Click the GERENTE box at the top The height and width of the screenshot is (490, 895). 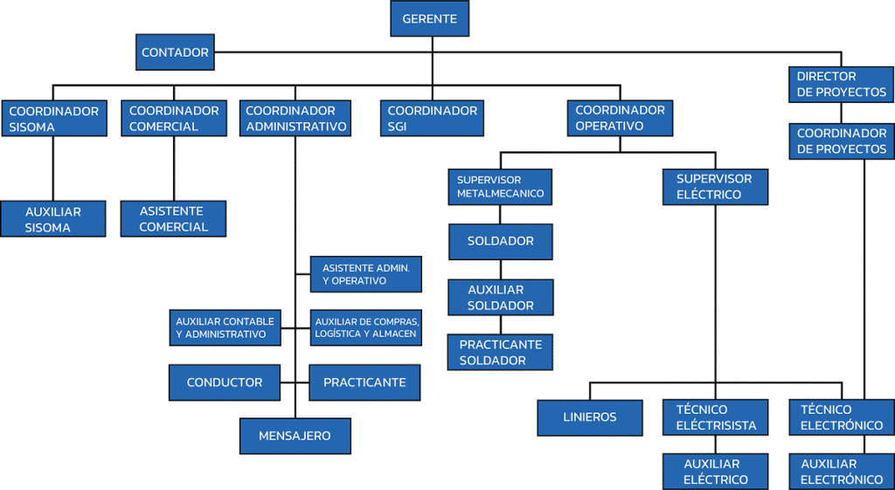pyautogui.click(x=429, y=18)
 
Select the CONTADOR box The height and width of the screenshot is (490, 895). pyautogui.click(x=175, y=52)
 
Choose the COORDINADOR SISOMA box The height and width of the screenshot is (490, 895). pyautogui.click(x=54, y=119)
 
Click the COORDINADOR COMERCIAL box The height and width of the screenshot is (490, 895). pyautogui.click(x=174, y=119)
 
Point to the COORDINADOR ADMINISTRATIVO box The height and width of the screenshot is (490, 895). pyautogui.click(x=295, y=119)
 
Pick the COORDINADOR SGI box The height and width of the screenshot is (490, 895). pyautogui.click(x=432, y=119)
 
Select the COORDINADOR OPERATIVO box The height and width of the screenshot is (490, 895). pyautogui.click(x=620, y=119)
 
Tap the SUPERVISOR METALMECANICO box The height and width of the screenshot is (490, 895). pyautogui.click(x=500, y=186)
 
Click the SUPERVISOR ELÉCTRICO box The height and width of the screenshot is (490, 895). pyautogui.click(x=714, y=186)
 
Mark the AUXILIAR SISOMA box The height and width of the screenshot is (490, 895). pyautogui.click(x=53, y=219)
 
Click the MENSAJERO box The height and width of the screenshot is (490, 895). pyautogui.click(x=295, y=436)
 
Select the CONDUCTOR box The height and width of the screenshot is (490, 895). pyautogui.click(x=225, y=383)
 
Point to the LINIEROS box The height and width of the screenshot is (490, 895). pyautogui.click(x=589, y=418)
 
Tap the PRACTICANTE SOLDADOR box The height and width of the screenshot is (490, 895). pyautogui.click(x=501, y=352)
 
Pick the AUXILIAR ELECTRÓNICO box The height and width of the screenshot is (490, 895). pyautogui.click(x=841, y=472)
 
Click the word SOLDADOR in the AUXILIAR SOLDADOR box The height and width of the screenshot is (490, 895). pyautogui.click(x=501, y=306)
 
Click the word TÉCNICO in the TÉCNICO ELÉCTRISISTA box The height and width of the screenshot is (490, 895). pyautogui.click(x=702, y=410)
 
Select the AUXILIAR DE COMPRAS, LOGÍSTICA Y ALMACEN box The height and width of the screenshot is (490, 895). pyautogui.click(x=366, y=328)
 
